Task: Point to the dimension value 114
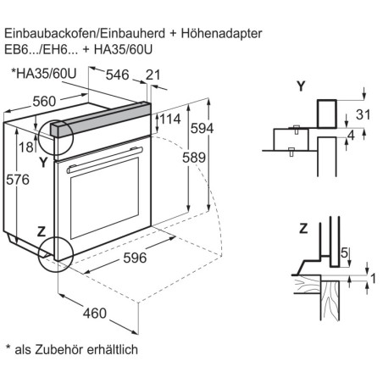[x=171, y=119]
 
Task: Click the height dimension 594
[x=221, y=127]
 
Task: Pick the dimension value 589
[x=196, y=158]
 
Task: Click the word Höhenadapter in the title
[x=218, y=33]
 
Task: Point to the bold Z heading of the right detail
[x=303, y=227]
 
